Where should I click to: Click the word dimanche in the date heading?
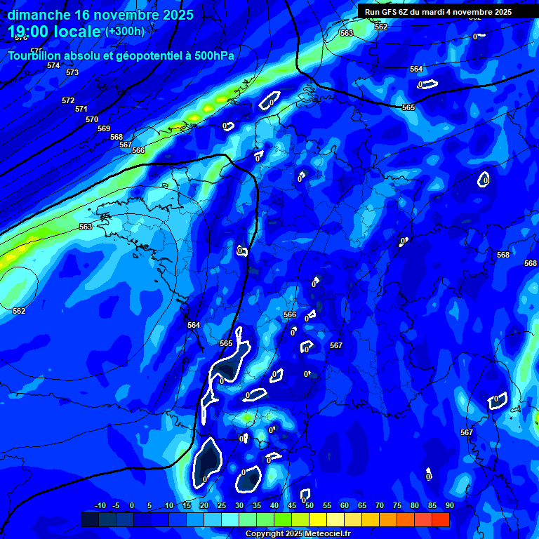pyautogui.click(x=38, y=15)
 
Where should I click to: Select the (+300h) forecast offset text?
pyautogui.click(x=125, y=32)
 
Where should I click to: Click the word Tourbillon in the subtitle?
pyautogui.click(x=36, y=56)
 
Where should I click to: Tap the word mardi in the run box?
pyautogui.click(x=435, y=12)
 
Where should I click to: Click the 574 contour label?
pyautogui.click(x=53, y=65)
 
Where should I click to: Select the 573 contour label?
pyautogui.click(x=72, y=72)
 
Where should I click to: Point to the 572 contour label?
pyautogui.click(x=68, y=100)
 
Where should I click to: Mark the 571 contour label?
pyautogui.click(x=81, y=109)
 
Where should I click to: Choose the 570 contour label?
pyautogui.click(x=92, y=119)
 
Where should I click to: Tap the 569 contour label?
pyautogui.click(x=104, y=128)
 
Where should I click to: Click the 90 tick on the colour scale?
pyautogui.click(x=449, y=505)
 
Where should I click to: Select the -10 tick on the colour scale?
pyautogui.click(x=100, y=505)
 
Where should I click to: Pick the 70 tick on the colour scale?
pyautogui.click(x=379, y=505)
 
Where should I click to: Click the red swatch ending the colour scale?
pyautogui.click(x=440, y=519)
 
